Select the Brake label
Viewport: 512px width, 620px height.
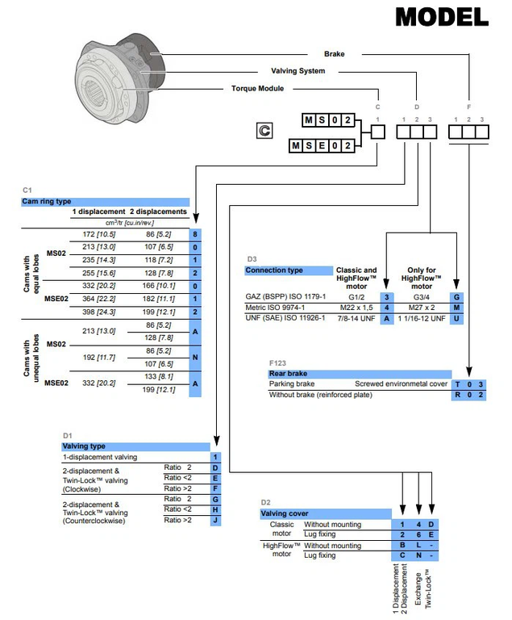pos(335,55)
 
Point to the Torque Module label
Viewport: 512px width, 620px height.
pos(257,88)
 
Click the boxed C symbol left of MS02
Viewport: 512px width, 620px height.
pos(263,130)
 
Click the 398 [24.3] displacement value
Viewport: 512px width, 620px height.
pos(99,312)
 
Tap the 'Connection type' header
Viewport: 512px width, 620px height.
pos(274,270)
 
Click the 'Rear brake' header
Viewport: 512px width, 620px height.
pos(289,374)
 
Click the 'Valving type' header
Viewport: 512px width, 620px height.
pos(85,445)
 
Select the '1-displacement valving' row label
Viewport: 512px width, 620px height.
pos(100,457)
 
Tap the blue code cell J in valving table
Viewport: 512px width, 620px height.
pos(214,520)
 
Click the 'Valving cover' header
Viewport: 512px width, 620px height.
pos(284,513)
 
